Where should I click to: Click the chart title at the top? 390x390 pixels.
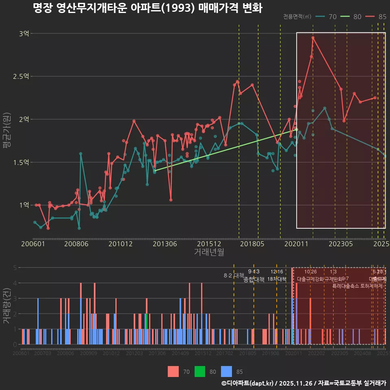pos(147,9)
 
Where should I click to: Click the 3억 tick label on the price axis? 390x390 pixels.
pos(24,34)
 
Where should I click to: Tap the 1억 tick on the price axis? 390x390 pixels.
pos(24,205)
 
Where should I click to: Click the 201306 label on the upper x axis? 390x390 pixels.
pos(164,244)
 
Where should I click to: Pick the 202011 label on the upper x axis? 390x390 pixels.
pos(296,244)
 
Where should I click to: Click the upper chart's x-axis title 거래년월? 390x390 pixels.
pos(209,252)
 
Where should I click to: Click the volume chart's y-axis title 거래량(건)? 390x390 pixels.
pos(7,306)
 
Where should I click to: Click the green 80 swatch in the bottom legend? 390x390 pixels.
pos(200,371)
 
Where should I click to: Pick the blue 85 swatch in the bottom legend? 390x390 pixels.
pos(226,371)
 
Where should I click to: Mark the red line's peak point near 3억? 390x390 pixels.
pos(313,38)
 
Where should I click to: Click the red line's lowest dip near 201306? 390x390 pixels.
pos(171,200)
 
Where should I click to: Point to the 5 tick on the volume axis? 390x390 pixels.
pos(15,268)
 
